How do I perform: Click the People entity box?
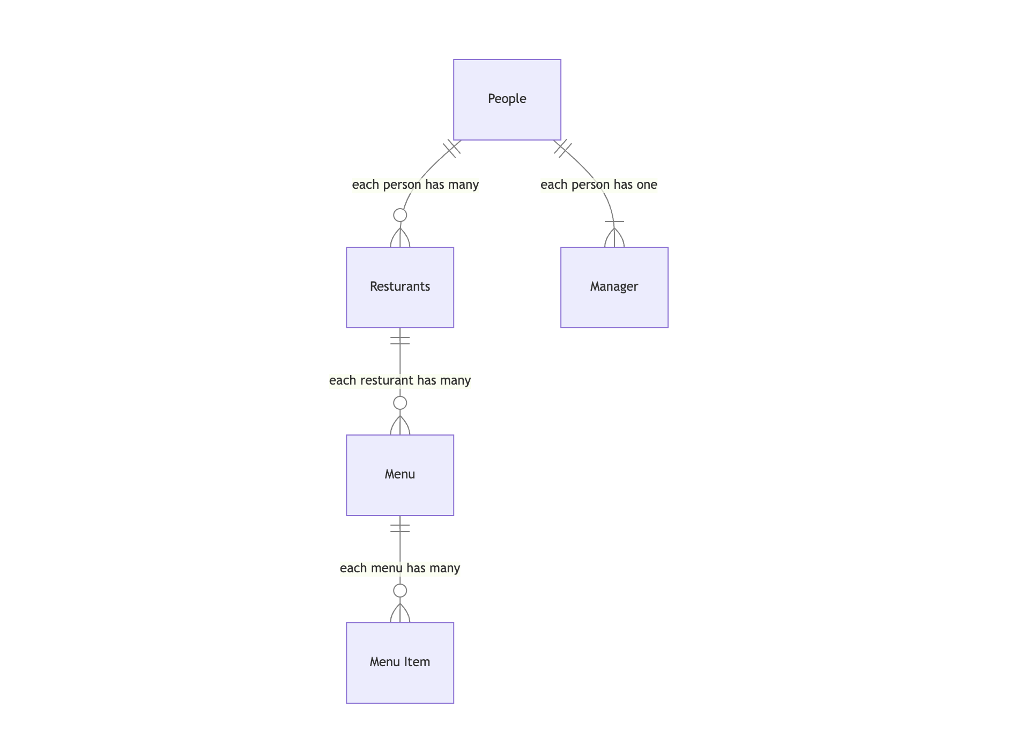507,100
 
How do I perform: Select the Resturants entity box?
399,287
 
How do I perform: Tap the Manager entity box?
614,287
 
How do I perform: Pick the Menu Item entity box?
399,662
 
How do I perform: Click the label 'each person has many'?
415,185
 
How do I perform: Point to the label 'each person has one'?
598,185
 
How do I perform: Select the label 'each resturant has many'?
399,380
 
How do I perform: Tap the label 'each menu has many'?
399,568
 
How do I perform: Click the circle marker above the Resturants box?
399,215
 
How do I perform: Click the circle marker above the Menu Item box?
399,591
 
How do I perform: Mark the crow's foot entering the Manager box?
614,237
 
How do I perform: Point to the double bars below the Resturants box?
399,340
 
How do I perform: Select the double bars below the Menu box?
399,528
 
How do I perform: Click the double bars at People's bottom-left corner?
451,149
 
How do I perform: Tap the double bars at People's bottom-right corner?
563,149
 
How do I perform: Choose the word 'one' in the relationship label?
647,185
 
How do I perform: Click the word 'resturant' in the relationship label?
387,380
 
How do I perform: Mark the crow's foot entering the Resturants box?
399,238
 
